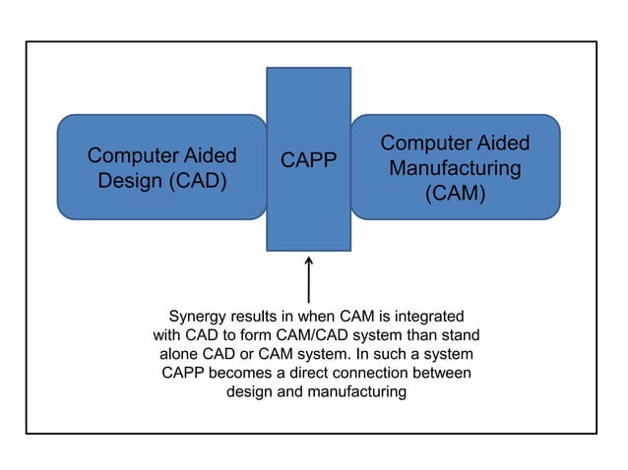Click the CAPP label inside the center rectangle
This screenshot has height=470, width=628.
click(x=308, y=160)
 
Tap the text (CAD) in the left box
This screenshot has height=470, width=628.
click(x=195, y=181)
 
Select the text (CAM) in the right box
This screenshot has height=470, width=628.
click(x=455, y=194)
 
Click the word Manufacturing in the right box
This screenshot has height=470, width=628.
click(x=455, y=168)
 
